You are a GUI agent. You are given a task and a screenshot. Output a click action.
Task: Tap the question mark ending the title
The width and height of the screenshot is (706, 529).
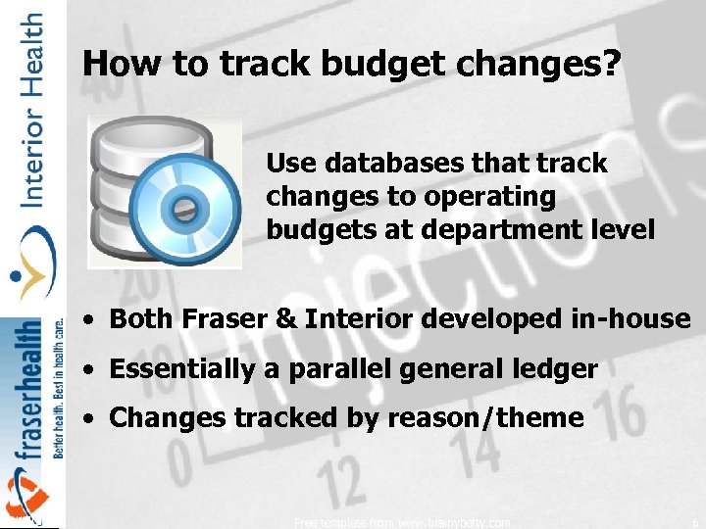pos(611,64)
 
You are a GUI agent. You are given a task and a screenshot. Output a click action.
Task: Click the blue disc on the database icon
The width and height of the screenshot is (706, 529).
pos(181,207)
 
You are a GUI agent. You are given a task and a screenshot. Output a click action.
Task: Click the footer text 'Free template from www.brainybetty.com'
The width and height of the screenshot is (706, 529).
pos(402,523)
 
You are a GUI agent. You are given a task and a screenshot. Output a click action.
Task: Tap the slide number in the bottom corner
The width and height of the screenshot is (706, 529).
pos(692,523)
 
